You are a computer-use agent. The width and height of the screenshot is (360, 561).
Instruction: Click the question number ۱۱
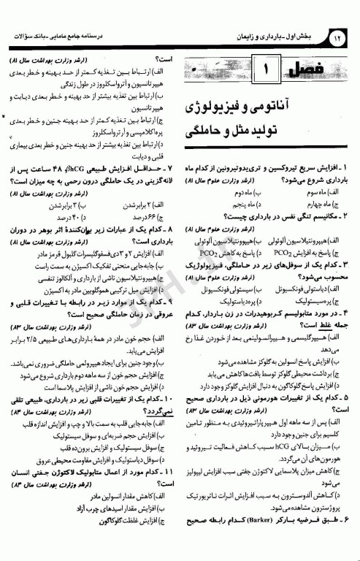pos(166,473)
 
